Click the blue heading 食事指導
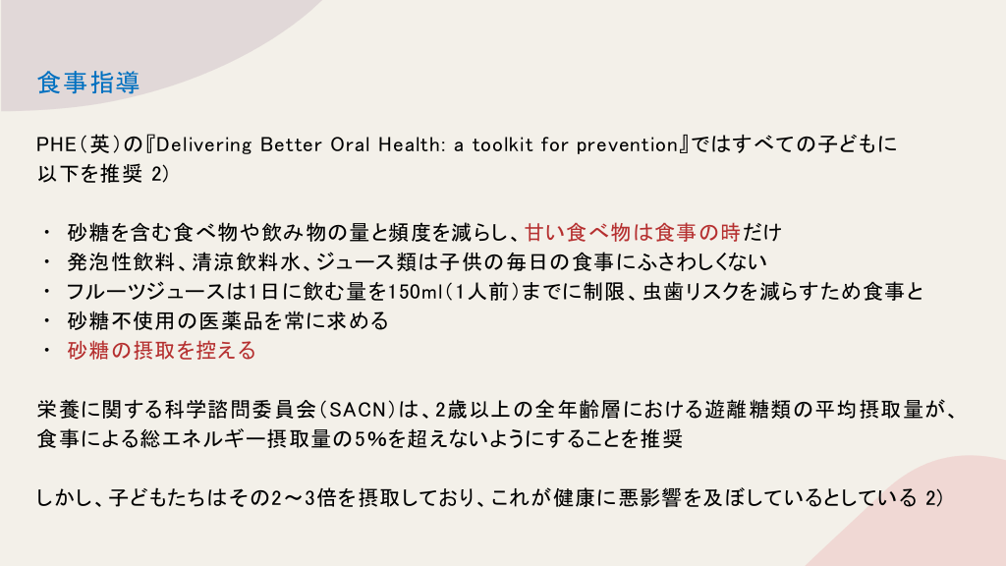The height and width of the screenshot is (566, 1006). click(x=88, y=83)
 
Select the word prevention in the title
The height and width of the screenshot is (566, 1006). click(x=627, y=145)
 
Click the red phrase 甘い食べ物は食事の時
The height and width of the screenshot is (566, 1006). click(x=633, y=232)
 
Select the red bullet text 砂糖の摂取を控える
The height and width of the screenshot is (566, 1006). click(x=162, y=351)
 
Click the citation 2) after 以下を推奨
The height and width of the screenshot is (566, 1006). click(x=160, y=174)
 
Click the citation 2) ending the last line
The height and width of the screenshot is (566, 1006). click(x=934, y=498)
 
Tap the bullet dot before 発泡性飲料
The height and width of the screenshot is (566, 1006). click(x=47, y=261)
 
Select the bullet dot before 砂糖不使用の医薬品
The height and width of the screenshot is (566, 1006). click(x=47, y=321)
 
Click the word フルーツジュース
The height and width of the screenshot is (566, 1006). click(x=145, y=291)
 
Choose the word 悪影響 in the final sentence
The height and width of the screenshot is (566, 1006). click(x=649, y=498)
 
